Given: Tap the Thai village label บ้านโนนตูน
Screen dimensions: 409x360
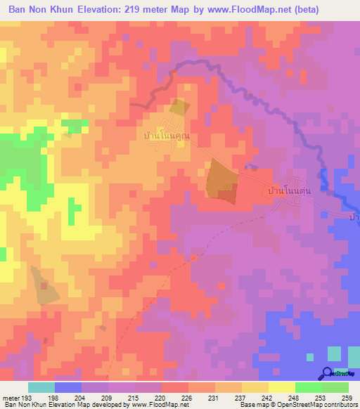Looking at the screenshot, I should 290,190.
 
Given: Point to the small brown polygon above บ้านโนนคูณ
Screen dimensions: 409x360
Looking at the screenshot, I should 179,108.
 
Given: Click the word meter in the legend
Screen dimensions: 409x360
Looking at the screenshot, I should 12,397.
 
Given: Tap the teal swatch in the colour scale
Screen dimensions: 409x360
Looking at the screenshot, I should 41,387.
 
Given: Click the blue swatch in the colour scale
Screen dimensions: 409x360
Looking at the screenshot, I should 68,387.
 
